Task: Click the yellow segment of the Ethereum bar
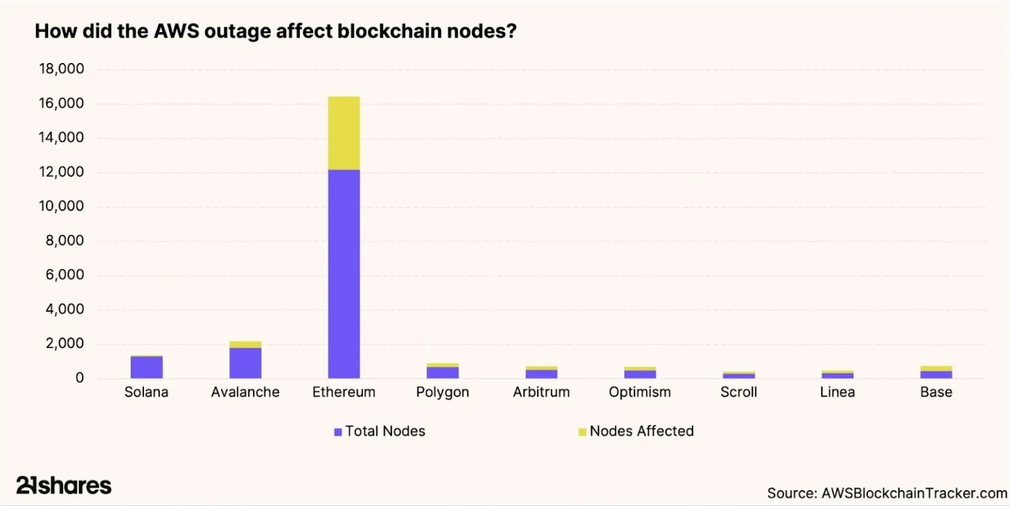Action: click(344, 133)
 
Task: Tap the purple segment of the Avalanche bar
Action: click(245, 363)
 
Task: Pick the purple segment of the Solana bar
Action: click(147, 367)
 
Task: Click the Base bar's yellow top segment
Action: click(936, 368)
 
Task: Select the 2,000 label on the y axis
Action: click(66, 344)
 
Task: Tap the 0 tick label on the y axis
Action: click(79, 379)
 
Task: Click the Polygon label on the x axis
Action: click(443, 392)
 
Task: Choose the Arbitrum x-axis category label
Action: click(541, 392)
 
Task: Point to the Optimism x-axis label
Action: click(640, 392)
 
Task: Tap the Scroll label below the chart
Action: click(738, 392)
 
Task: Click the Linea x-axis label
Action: click(837, 392)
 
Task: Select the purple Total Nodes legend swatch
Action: click(338, 432)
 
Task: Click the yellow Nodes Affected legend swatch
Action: click(582, 432)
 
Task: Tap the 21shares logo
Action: click(64, 486)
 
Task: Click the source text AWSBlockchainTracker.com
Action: click(913, 493)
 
